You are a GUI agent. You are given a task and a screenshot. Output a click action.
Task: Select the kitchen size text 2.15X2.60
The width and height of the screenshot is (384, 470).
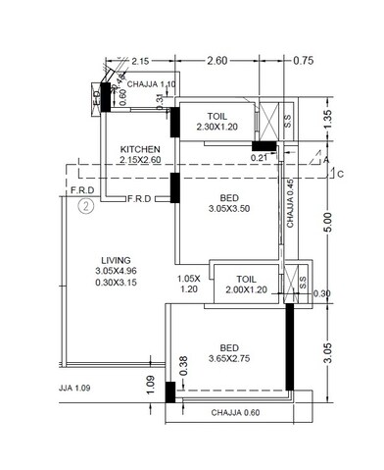141,159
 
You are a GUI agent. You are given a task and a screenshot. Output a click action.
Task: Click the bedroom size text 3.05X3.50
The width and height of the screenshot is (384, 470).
231,209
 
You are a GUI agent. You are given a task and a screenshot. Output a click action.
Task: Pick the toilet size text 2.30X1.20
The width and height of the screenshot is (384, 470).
217,128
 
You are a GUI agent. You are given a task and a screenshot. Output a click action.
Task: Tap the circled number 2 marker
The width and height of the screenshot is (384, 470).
86,206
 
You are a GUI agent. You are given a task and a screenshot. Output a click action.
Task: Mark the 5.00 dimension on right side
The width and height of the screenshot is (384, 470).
337,225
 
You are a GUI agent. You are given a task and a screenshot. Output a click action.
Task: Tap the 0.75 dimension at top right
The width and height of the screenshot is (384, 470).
304,62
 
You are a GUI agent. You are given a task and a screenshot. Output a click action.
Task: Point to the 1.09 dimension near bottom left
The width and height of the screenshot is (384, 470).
150,385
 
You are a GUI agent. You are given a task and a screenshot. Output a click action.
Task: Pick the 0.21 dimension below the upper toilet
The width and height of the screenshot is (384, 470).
259,155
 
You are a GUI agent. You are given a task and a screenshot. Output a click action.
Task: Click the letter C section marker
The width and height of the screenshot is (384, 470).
340,176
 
